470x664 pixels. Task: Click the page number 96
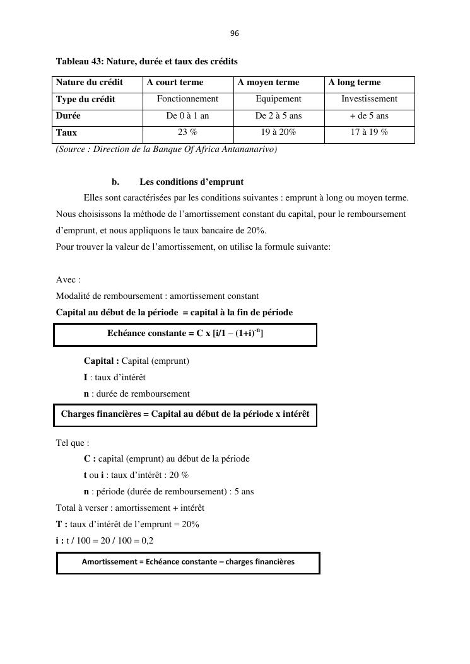[x=235, y=33]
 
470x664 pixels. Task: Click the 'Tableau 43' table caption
[x=146, y=61]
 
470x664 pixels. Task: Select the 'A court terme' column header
[x=175, y=83]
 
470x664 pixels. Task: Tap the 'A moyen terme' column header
[x=268, y=83]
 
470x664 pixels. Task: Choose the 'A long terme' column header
[x=355, y=83]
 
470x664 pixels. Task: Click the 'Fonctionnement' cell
[x=187, y=99]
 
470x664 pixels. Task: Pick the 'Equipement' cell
[x=278, y=99]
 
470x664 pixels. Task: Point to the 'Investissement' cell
[x=369, y=99]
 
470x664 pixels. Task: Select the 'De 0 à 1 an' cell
[x=187, y=116]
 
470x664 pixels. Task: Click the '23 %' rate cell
[x=187, y=132]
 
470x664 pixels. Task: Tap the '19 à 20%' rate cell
[x=278, y=132]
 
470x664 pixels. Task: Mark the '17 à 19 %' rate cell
[x=369, y=132]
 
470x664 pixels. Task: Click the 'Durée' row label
[x=68, y=116]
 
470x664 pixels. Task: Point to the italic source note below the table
[x=167, y=149]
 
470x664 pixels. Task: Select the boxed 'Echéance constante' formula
[x=185, y=334]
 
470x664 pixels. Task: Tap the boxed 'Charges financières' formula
[x=185, y=414]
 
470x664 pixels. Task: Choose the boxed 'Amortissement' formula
[x=188, y=562]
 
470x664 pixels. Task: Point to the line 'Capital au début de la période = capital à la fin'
[x=174, y=313]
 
